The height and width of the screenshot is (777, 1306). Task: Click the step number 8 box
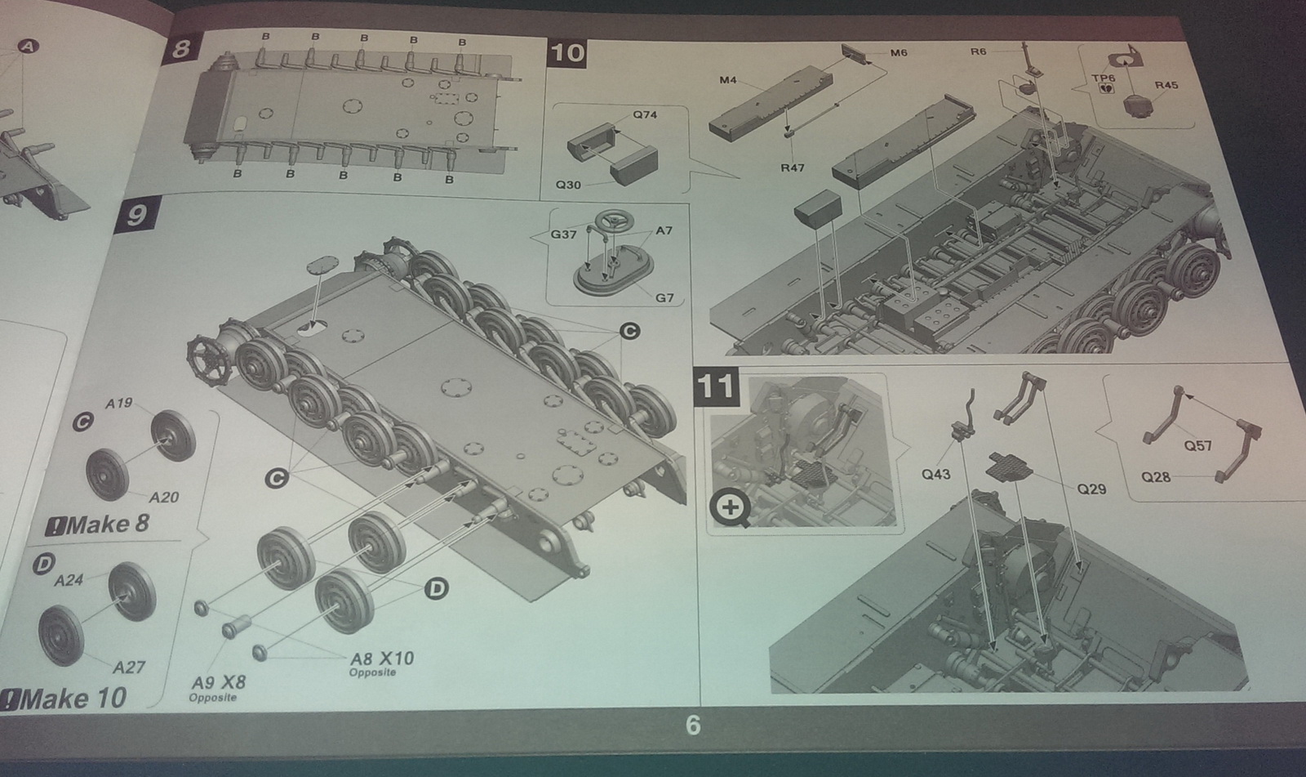tap(180, 47)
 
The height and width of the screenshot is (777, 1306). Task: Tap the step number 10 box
tap(567, 54)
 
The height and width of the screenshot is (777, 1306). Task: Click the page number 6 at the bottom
tap(693, 726)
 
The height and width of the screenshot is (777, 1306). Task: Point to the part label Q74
tap(645, 115)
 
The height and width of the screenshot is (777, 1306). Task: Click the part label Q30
tap(568, 185)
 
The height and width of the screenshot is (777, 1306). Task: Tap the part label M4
tap(727, 80)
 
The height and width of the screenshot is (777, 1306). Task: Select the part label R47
tap(793, 168)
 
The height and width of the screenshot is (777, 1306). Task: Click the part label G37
tap(564, 234)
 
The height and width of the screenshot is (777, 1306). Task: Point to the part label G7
tap(664, 298)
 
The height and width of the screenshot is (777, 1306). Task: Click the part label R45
tap(1166, 85)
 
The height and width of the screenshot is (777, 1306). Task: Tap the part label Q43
tap(935, 475)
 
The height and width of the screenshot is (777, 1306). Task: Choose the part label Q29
tap(1091, 489)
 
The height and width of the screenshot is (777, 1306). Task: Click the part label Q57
tap(1198, 446)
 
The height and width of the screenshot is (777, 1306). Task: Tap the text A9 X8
tap(219, 682)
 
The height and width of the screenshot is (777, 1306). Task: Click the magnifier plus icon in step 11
tap(730, 508)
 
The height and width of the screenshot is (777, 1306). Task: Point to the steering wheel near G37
tap(614, 222)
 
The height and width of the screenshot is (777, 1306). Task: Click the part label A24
tap(69, 580)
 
